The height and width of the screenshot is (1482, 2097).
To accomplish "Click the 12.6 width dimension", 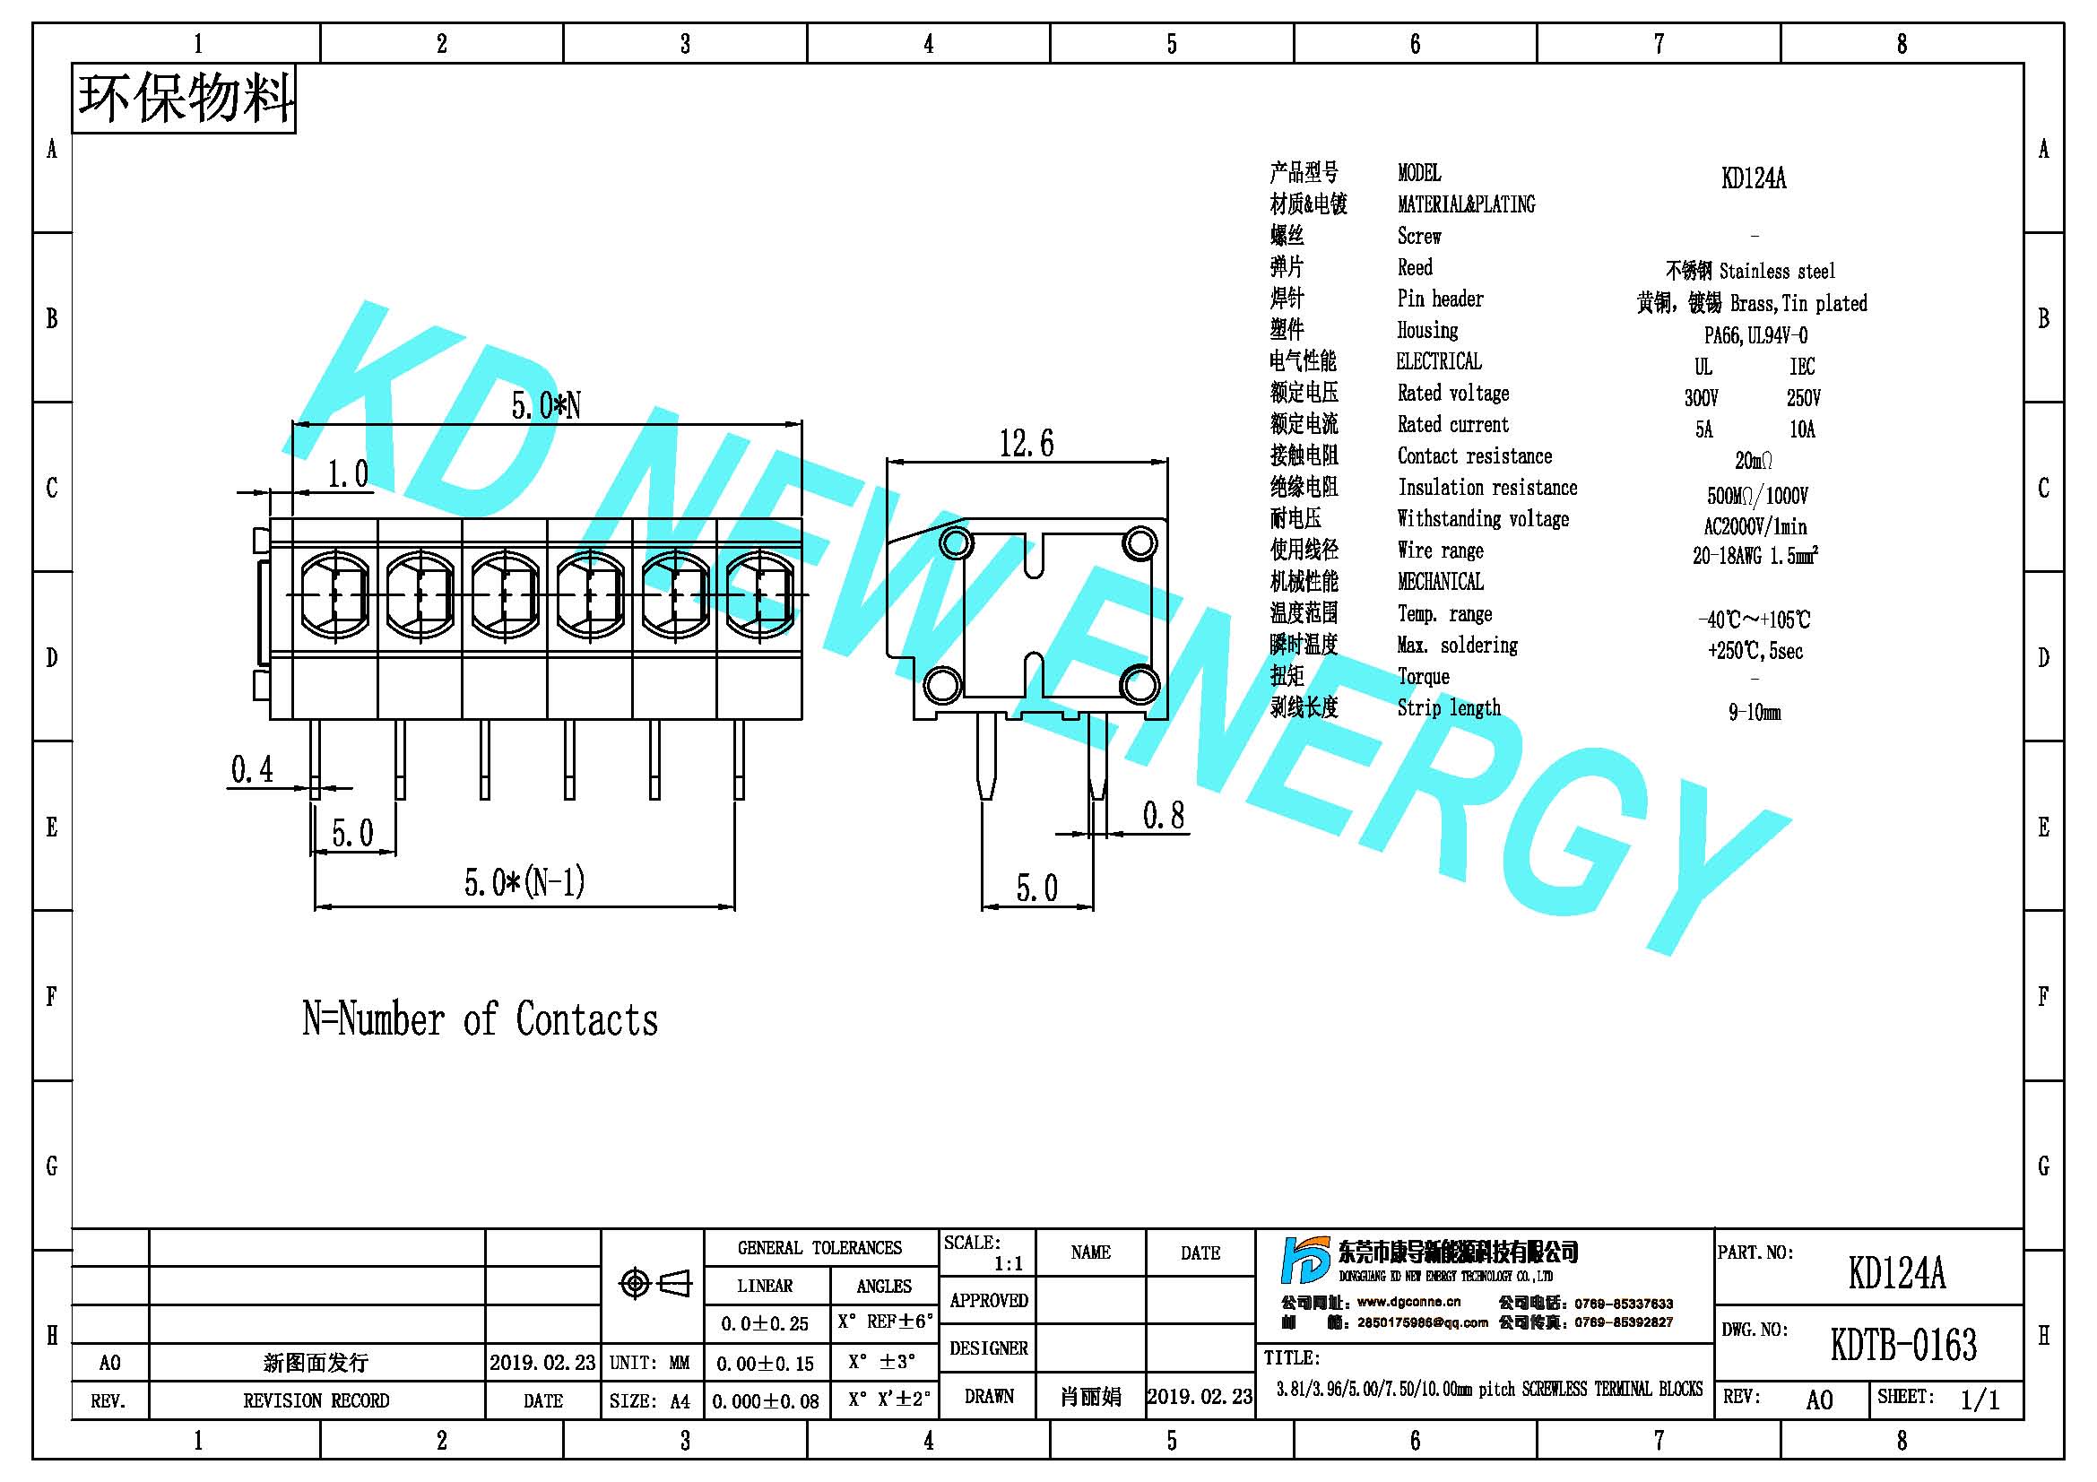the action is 1026,444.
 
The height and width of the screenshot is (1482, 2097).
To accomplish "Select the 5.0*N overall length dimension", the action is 545,405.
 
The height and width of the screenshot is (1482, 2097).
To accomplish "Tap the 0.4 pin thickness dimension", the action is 251,770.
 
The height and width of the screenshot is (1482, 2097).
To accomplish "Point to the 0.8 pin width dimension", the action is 1164,816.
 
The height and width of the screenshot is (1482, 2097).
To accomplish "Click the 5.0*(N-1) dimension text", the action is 524,882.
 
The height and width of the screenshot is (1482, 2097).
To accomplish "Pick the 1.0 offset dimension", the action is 348,474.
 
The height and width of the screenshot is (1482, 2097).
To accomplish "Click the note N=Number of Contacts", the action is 480,1019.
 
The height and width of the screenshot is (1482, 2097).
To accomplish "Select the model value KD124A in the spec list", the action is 1753,178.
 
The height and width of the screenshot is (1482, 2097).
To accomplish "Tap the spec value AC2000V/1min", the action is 1755,527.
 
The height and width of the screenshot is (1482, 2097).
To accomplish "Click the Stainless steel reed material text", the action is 1776,271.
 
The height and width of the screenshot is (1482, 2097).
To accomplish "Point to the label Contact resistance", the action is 1474,456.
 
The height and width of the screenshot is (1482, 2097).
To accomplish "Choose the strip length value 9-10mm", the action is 1754,712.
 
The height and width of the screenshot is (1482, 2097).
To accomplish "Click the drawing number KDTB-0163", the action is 1903,1345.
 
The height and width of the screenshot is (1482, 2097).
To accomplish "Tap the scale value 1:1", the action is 1009,1265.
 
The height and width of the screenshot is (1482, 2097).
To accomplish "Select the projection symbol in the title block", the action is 654,1284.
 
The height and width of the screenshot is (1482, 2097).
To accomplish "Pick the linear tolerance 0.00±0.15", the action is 765,1365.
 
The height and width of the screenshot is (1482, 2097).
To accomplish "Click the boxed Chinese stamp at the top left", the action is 184,99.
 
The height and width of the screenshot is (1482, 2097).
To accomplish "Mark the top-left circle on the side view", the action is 956,543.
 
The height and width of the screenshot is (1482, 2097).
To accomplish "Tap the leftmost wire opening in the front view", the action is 334,595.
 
